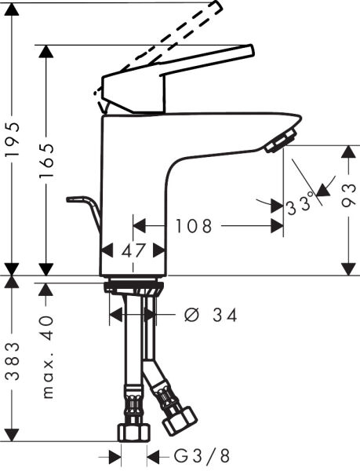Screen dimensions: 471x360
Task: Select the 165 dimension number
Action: click(48, 160)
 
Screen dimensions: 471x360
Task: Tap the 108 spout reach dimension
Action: click(193, 227)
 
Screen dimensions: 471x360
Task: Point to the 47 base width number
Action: click(133, 251)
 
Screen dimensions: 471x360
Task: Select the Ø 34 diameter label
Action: click(210, 315)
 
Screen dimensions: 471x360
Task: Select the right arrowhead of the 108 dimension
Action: click(277, 226)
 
